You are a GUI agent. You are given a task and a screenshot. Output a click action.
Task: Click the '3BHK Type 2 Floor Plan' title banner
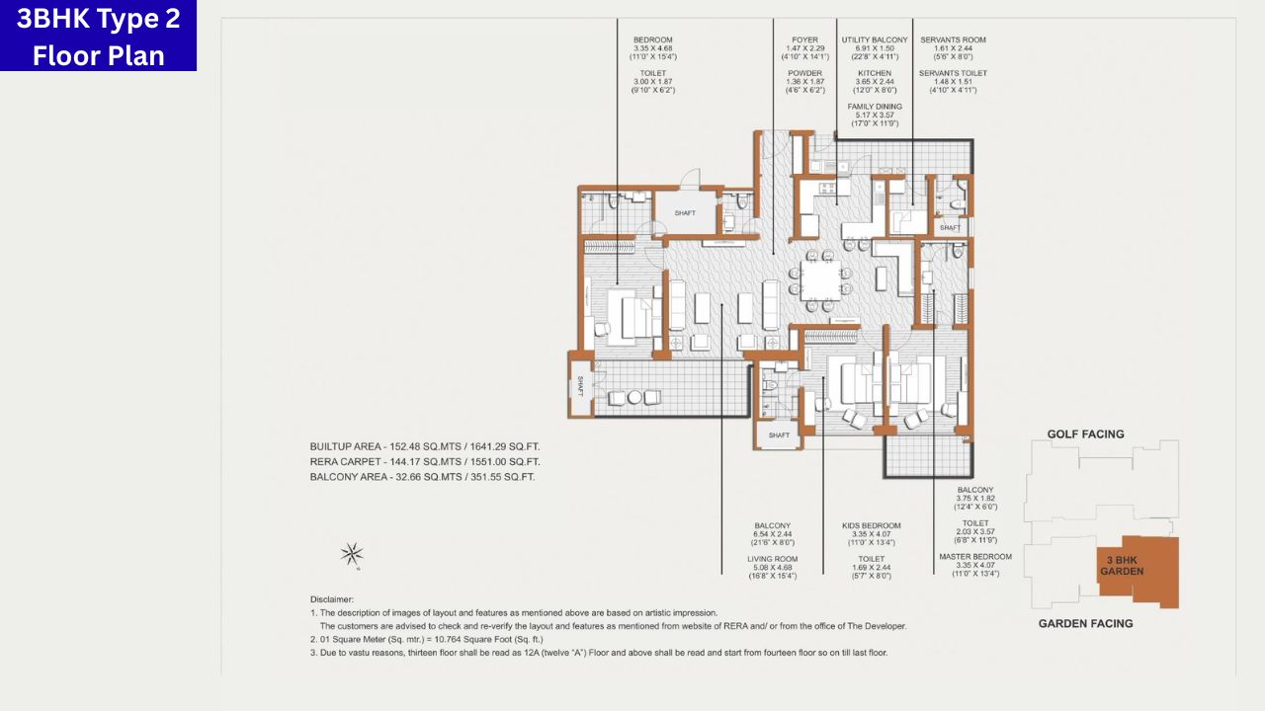coord(98,36)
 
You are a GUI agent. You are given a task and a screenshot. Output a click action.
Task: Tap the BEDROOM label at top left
coord(652,40)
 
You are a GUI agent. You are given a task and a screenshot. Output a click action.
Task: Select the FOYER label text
coord(804,40)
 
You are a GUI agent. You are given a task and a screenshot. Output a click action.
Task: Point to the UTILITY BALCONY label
coord(874,40)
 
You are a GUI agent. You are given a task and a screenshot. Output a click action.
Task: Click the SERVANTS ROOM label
coord(953,40)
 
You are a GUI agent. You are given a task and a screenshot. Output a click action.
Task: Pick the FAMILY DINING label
coord(874,106)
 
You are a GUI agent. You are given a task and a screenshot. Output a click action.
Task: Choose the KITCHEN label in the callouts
coord(874,73)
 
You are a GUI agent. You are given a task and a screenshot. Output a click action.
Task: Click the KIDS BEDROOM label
coord(871,525)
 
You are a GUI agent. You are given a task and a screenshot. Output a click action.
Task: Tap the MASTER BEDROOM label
coord(974,556)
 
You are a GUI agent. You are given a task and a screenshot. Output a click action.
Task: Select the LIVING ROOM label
coord(772,559)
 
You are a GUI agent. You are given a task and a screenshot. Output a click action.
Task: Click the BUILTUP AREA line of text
coord(424,446)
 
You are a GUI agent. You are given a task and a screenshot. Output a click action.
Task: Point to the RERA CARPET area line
coord(424,461)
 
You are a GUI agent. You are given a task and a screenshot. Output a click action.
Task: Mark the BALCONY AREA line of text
coord(422,476)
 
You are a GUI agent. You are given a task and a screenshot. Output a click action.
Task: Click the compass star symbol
coord(352,555)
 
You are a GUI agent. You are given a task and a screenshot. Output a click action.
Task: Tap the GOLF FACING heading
coord(1085,434)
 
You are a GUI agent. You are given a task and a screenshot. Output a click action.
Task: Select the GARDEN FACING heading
coord(1085,623)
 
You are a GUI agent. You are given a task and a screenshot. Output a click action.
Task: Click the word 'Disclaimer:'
coord(338,598)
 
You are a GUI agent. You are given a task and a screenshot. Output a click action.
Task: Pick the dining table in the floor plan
coord(820,279)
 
